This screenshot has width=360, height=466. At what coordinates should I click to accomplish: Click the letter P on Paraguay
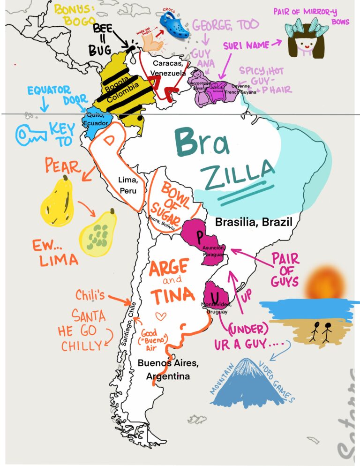click(x=200, y=234)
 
